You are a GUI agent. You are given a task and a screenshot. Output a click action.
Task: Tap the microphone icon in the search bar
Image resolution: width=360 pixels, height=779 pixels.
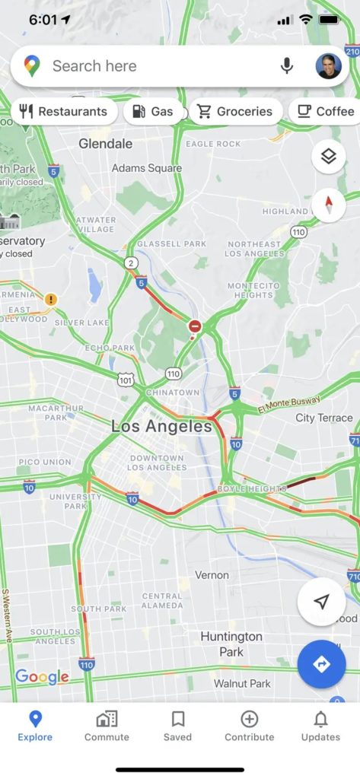point(287,66)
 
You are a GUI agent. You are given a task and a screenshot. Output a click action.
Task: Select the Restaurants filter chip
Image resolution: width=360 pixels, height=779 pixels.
point(63,112)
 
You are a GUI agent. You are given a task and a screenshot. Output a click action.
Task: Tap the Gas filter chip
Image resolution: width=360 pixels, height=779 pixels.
point(153,112)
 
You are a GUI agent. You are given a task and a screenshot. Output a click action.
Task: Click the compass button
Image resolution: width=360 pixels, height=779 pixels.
point(329,205)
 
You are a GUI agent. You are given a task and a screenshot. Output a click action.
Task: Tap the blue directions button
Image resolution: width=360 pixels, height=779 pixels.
point(321,664)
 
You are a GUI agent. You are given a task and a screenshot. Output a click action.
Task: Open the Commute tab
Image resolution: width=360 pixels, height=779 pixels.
point(107,726)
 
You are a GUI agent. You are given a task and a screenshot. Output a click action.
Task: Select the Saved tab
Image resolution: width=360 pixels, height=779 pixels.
point(178,726)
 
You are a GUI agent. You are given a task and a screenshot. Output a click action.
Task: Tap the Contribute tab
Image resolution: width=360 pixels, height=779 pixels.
point(249,726)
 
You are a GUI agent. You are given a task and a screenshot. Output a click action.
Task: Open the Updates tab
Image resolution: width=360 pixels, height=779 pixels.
point(320,726)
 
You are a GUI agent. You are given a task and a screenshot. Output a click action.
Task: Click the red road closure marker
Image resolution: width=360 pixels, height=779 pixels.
point(195,326)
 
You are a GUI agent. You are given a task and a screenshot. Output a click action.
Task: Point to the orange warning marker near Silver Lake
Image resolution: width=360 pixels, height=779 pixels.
point(51,300)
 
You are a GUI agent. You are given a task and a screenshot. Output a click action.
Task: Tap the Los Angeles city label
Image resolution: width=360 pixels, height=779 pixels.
point(161,427)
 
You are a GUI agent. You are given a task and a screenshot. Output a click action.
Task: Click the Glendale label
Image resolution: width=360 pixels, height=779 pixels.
point(106,143)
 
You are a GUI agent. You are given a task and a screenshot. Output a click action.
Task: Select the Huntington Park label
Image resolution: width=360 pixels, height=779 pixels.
point(231,644)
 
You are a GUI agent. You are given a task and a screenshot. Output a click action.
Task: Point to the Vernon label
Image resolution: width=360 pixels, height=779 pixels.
point(212,575)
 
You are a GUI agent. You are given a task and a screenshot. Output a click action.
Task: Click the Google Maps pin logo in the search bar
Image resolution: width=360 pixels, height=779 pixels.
point(32,66)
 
